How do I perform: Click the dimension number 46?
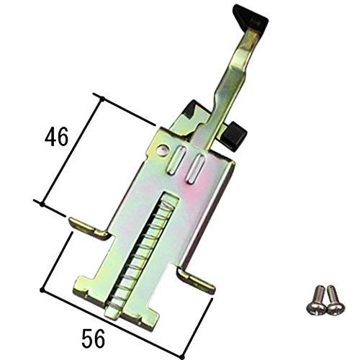pos(57,137)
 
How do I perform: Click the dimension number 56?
pos(94,338)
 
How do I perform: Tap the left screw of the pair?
pos(316,300)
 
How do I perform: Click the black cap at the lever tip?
pos(250,17)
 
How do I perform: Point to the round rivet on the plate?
pos(163,150)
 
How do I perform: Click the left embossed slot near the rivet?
pos(176,160)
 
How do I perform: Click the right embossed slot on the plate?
pos(195,169)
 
